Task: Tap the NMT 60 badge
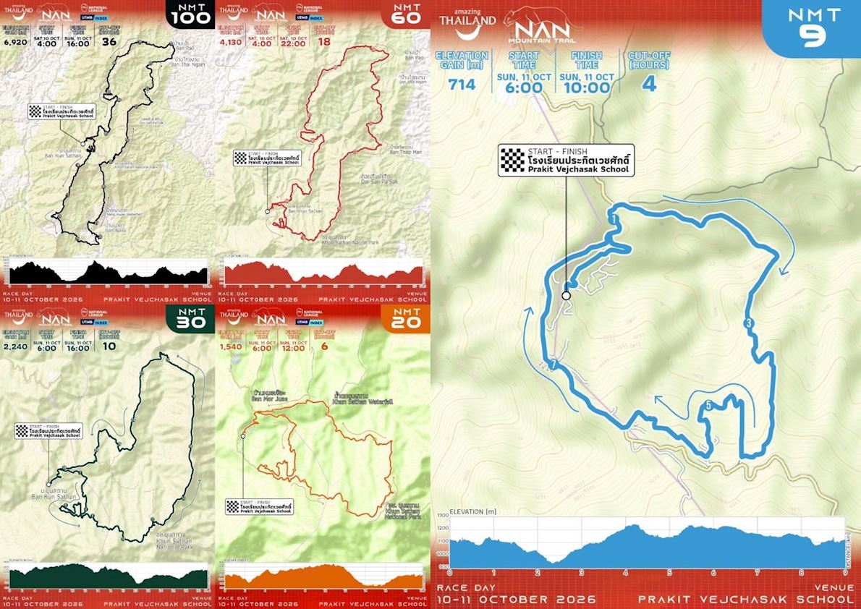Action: click(406, 14)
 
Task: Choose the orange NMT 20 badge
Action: click(406, 319)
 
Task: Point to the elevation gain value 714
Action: click(462, 85)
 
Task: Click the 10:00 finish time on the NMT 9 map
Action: click(586, 88)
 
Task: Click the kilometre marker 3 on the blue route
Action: click(749, 323)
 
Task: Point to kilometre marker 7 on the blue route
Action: click(553, 365)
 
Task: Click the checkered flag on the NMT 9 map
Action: click(513, 160)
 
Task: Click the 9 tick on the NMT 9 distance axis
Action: click(845, 572)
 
